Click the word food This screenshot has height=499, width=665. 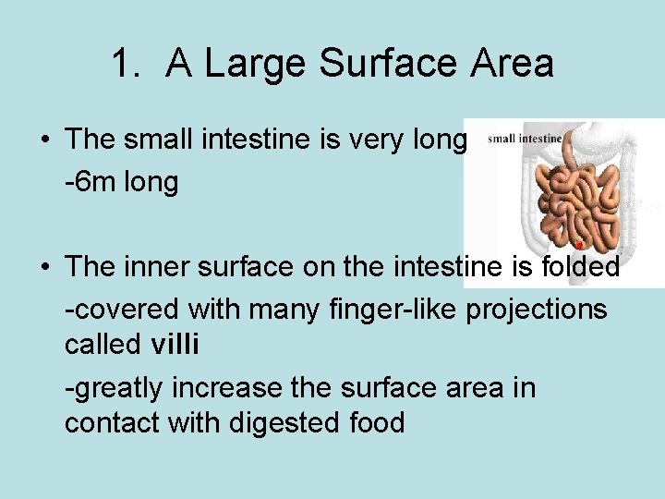pos(374,423)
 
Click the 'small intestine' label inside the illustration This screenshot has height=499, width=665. pos(524,140)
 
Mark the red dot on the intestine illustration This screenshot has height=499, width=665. pos(577,245)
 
